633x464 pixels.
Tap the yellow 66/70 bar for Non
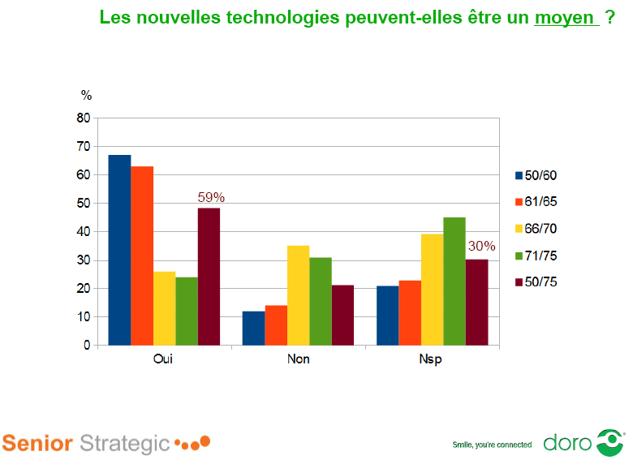(x=299, y=295)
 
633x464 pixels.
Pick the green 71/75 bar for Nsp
(x=454, y=281)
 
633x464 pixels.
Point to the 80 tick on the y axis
(x=83, y=118)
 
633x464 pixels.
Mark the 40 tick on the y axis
(x=83, y=232)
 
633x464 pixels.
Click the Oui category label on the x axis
(x=164, y=359)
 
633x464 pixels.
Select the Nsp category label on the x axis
(x=433, y=359)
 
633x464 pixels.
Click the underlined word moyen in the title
(x=566, y=17)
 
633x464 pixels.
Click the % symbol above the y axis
(x=86, y=95)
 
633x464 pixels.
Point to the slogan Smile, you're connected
(x=492, y=445)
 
